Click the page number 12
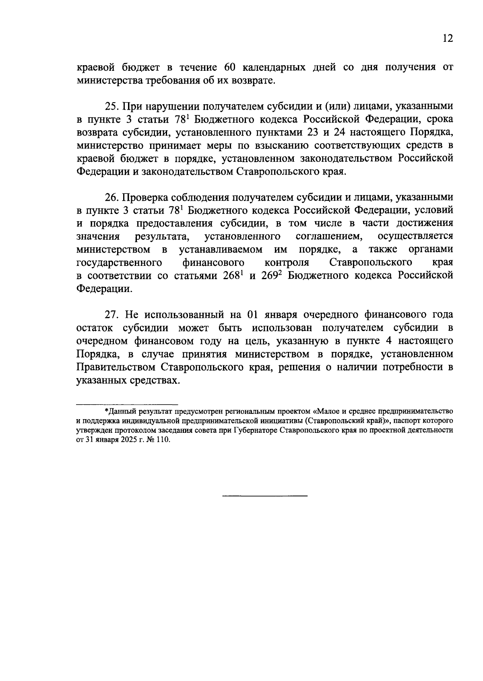448,39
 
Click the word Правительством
116,367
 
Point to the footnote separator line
127,404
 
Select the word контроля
287,263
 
